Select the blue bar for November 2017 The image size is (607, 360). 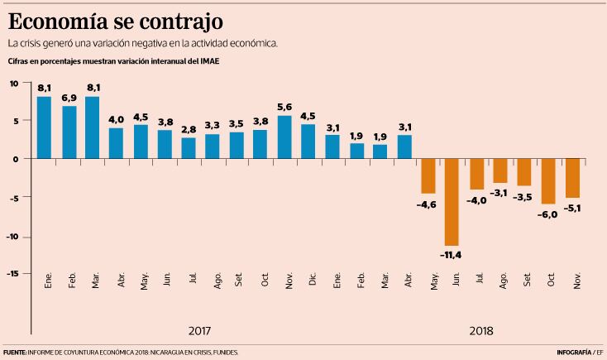[x=284, y=137]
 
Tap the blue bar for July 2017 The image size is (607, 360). [x=189, y=147]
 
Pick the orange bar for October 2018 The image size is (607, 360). [x=547, y=180]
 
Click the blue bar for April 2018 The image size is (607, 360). [x=404, y=146]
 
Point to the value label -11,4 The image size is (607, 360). [x=452, y=254]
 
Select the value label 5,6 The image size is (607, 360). [x=284, y=108]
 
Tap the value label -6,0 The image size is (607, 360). [x=547, y=214]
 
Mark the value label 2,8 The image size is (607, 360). [x=189, y=130]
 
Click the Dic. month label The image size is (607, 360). [x=313, y=281]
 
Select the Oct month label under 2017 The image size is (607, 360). [x=265, y=281]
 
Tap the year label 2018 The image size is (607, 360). [x=481, y=331]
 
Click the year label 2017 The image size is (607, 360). [x=199, y=331]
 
